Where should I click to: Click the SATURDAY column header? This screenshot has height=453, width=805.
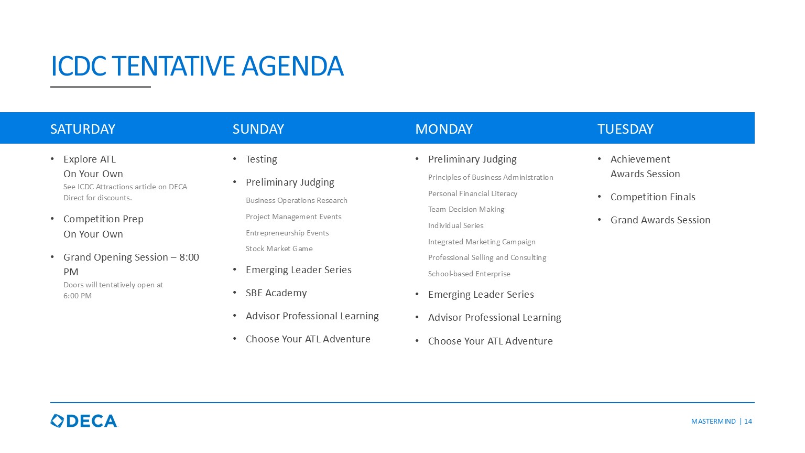pos(83,129)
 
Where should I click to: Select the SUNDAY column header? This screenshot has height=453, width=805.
pos(258,129)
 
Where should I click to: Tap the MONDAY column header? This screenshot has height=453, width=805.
pos(444,129)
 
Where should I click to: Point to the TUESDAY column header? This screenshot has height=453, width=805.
pos(625,129)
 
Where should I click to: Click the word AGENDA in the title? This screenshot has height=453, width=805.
pos(292,66)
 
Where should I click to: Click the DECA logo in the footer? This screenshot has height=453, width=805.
pos(84,421)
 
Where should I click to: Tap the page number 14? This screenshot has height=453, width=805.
pos(748,422)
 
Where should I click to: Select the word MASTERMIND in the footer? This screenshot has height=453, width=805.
pos(713,422)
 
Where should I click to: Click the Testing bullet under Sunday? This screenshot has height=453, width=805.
pos(262,159)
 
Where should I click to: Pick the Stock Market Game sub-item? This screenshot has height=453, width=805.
pos(279,249)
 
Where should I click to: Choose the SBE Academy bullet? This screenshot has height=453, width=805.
pos(276,293)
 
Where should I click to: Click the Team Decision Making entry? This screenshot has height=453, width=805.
pos(466,210)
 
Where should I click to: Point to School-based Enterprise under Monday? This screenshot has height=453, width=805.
pos(469,274)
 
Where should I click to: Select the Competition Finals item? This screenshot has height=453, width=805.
pos(652,197)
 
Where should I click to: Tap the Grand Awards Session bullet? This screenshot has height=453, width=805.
pos(660,220)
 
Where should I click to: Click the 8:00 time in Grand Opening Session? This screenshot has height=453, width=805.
pos(189,257)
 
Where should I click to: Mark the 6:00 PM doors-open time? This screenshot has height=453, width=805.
pos(78,296)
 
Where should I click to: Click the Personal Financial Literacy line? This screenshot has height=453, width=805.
pos(473,194)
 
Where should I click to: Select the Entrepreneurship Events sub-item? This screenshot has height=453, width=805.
pos(287,233)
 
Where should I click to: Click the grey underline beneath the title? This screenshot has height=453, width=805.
pos(101,87)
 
